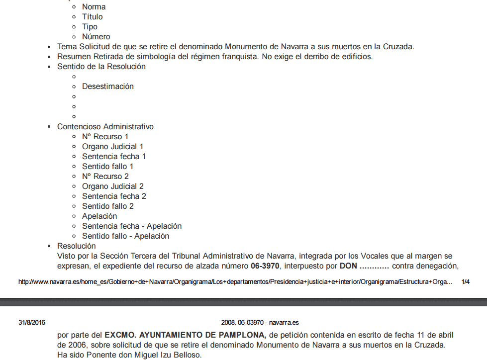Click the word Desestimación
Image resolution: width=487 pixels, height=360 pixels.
pyautogui.click(x=107, y=87)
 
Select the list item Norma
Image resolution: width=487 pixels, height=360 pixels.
pyautogui.click(x=94, y=7)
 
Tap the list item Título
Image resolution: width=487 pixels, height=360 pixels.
pyautogui.click(x=92, y=17)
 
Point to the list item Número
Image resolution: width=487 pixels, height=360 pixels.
pyautogui.click(x=96, y=37)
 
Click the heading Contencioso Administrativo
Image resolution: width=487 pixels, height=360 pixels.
pyautogui.click(x=105, y=127)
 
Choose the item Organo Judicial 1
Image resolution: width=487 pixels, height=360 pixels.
pyautogui.click(x=112, y=147)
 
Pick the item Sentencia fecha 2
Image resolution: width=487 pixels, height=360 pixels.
pyautogui.click(x=114, y=196)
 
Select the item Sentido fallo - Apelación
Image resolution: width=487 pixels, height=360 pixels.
pyautogui.click(x=125, y=236)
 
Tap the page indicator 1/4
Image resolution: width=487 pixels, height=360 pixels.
pyautogui.click(x=466, y=282)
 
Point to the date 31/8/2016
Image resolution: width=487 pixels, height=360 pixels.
pyautogui.click(x=32, y=323)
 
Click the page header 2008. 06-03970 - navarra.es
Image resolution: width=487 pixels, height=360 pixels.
pyautogui.click(x=260, y=323)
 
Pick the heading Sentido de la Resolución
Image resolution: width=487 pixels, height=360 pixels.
pyautogui.click(x=101, y=67)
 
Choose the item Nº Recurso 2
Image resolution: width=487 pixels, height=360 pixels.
pyautogui.click(x=105, y=177)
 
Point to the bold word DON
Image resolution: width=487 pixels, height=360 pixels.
pyautogui.click(x=348, y=266)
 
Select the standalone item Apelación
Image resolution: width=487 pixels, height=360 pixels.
pyautogui.click(x=99, y=216)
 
